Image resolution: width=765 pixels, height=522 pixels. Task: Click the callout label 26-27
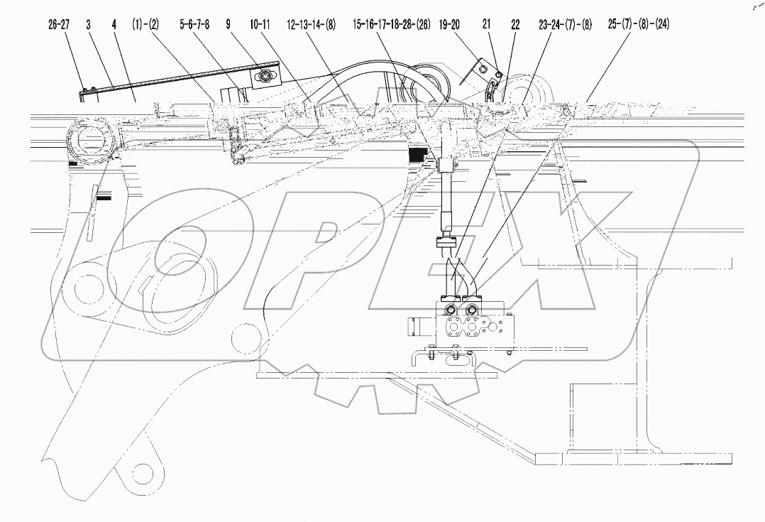pyautogui.click(x=60, y=25)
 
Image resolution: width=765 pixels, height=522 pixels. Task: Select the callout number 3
pyautogui.click(x=88, y=25)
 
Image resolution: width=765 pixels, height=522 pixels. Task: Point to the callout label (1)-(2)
pyautogui.click(x=145, y=25)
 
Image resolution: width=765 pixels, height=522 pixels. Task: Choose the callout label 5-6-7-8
pyautogui.click(x=194, y=25)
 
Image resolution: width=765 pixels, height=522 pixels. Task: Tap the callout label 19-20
pyautogui.click(x=449, y=25)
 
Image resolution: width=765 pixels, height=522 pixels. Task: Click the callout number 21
pyautogui.click(x=487, y=25)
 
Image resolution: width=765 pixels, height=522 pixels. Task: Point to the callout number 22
pyautogui.click(x=515, y=25)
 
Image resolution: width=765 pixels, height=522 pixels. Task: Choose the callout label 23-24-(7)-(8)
pyautogui.click(x=566, y=25)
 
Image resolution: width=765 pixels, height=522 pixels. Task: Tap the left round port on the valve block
pyautogui.click(x=451, y=310)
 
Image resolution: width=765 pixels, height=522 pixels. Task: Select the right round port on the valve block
pyautogui.click(x=470, y=310)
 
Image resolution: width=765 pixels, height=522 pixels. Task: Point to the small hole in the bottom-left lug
pyautogui.click(x=145, y=471)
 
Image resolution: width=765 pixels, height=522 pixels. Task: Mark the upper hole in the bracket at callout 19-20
pyautogui.click(x=482, y=68)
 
